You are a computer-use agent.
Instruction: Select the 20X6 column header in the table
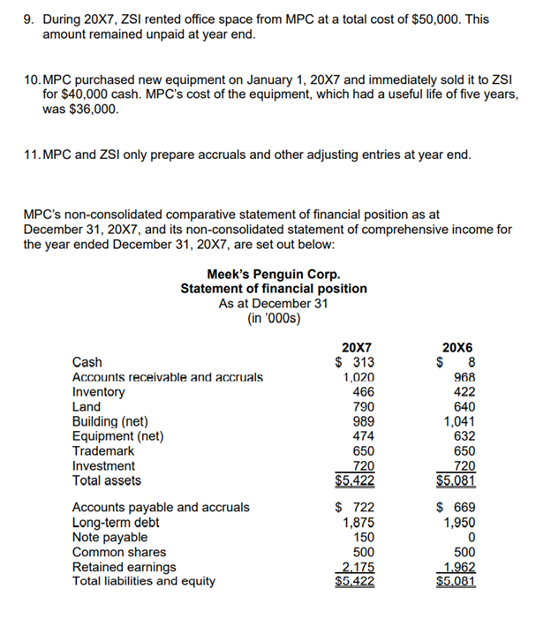tap(458, 347)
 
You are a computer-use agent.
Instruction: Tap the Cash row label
tap(87, 362)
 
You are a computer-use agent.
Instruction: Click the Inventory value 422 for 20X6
tap(464, 392)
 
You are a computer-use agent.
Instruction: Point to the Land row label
tap(86, 407)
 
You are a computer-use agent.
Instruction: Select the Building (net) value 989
tap(363, 421)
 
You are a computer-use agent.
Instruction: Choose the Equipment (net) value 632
tap(464, 436)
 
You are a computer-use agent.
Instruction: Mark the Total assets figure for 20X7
tap(354, 481)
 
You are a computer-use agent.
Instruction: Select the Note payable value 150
tap(363, 537)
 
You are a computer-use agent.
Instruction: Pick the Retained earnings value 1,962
tap(458, 567)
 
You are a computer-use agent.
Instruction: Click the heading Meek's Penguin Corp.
tap(273, 275)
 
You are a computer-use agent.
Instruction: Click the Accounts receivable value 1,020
tap(358, 377)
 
